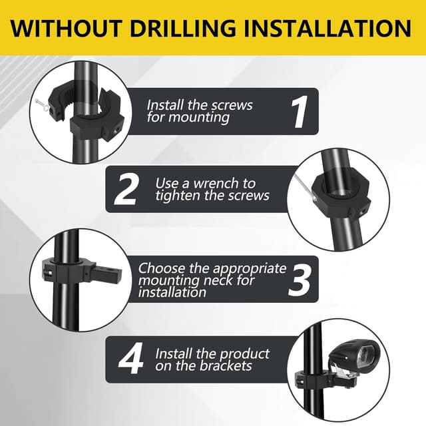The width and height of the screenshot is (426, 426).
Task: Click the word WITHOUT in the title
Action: [65, 28]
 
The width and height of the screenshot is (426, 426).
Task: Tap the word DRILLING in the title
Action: [183, 28]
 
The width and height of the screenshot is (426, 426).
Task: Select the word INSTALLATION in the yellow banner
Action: [327, 28]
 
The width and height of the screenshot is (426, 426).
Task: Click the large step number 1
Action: [300, 112]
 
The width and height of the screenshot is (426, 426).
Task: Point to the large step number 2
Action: [126, 189]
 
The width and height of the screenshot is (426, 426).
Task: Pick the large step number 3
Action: [299, 279]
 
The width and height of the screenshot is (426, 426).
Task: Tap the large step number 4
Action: [131, 358]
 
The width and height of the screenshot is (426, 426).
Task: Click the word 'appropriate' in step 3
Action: [250, 269]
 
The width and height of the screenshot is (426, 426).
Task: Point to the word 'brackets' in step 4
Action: [226, 365]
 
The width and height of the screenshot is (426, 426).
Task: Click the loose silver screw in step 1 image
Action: [43, 105]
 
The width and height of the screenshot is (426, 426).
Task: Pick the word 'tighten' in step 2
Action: [178, 196]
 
